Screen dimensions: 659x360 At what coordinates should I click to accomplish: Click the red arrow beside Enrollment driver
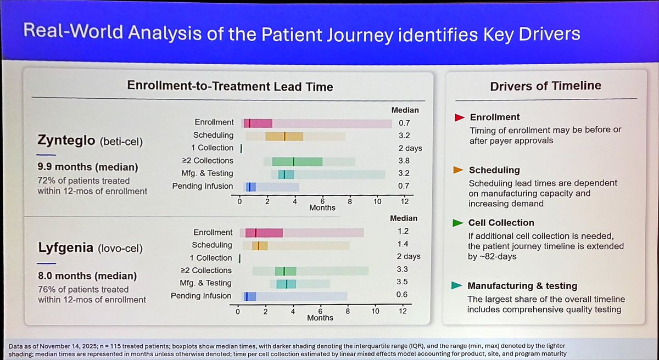tap(459, 117)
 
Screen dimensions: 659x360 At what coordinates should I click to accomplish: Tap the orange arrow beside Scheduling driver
tap(458, 170)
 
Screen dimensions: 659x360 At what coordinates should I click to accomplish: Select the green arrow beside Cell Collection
tap(458, 223)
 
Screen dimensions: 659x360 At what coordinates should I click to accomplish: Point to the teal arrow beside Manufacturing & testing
tap(456, 285)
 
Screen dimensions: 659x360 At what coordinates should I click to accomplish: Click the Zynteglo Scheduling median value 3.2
tap(404, 136)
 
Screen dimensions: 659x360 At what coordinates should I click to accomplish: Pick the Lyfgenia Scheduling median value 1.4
tap(403, 244)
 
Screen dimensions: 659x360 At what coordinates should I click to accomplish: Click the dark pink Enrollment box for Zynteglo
tap(258, 123)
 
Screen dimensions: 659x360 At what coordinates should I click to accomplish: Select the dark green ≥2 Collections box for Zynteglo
tap(297, 162)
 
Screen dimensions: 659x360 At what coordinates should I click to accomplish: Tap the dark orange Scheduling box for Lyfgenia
tap(260, 246)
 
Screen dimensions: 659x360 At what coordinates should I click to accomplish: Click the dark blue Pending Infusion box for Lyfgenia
tap(250, 296)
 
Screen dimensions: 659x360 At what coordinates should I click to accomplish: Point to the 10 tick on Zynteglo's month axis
tap(377, 201)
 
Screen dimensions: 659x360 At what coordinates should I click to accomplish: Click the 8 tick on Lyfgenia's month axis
tap(348, 311)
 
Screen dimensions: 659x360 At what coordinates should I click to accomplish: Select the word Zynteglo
tap(66, 140)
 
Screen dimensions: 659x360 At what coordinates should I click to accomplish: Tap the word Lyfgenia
tap(65, 248)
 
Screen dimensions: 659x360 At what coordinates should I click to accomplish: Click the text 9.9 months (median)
tap(88, 167)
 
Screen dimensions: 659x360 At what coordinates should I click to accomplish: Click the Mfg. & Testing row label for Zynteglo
tap(207, 173)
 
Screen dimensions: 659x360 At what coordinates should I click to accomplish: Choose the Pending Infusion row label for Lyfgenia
tap(201, 296)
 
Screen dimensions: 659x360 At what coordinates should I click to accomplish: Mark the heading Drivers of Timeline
tap(546, 86)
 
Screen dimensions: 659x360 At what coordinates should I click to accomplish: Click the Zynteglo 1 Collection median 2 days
tap(410, 148)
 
